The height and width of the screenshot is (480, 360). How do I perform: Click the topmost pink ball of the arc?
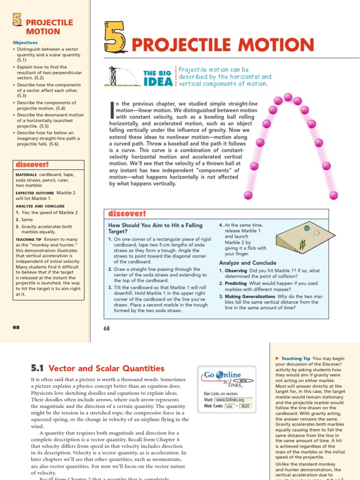click(x=288, y=97)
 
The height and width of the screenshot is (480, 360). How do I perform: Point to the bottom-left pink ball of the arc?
click(x=248, y=195)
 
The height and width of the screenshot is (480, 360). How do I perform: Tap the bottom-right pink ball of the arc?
click(x=333, y=195)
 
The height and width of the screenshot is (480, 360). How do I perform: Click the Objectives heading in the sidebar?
click(x=25, y=43)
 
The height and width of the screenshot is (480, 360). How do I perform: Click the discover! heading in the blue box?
click(x=127, y=214)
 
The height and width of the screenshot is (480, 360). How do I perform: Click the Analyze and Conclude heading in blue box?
click(x=247, y=263)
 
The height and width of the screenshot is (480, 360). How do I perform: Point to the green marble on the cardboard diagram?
click(x=302, y=244)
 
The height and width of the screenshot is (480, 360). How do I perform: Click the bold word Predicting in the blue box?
click(x=236, y=284)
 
